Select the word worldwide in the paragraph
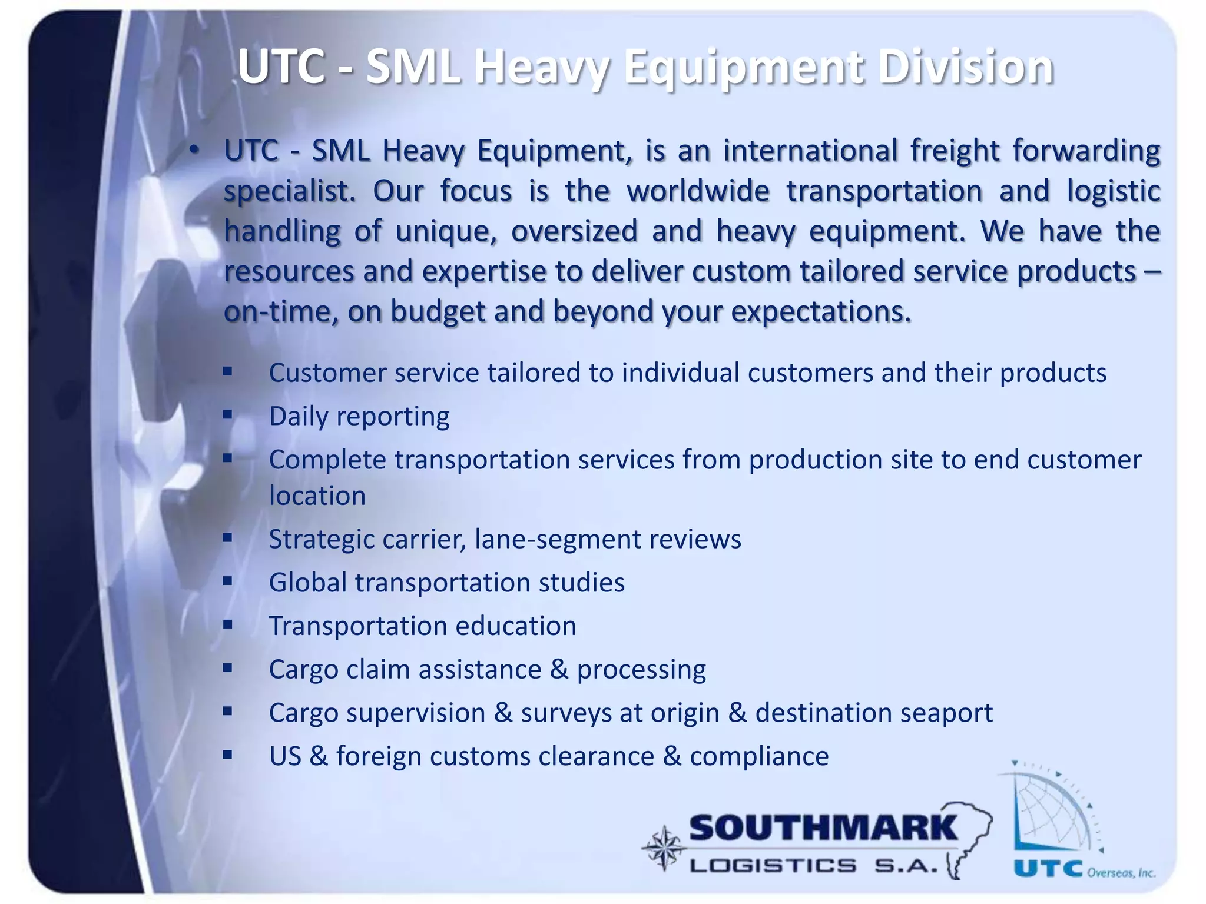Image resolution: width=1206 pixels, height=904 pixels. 698,191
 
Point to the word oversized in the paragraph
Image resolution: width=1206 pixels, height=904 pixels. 574,231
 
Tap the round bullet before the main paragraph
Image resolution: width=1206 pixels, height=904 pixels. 194,151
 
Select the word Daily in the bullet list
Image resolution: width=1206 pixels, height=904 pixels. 299,416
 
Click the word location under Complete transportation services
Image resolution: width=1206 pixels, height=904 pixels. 317,496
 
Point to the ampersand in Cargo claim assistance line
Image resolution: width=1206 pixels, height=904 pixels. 558,670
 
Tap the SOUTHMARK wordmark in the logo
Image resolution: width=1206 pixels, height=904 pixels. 823,829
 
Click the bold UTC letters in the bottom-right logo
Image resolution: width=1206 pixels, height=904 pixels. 1048,869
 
